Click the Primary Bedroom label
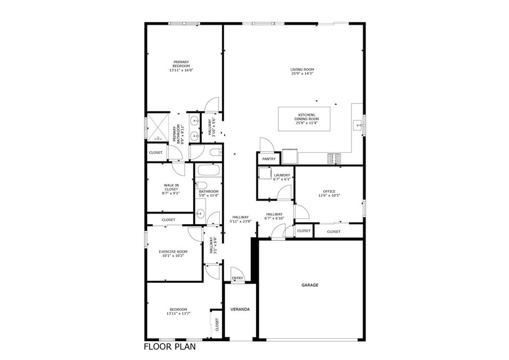(x=181, y=64)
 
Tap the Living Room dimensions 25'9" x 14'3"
(x=302, y=74)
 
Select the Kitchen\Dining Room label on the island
(x=305, y=117)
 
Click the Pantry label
(x=269, y=159)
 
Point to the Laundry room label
(x=282, y=175)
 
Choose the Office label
(x=329, y=191)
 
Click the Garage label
(x=310, y=285)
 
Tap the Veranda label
(x=240, y=309)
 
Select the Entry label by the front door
(x=238, y=278)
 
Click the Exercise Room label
(x=172, y=252)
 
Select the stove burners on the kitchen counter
(x=334, y=158)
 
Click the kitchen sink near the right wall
(x=357, y=124)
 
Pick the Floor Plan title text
(x=170, y=347)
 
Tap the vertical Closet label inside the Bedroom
(x=217, y=325)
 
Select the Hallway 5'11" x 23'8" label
(x=241, y=219)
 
